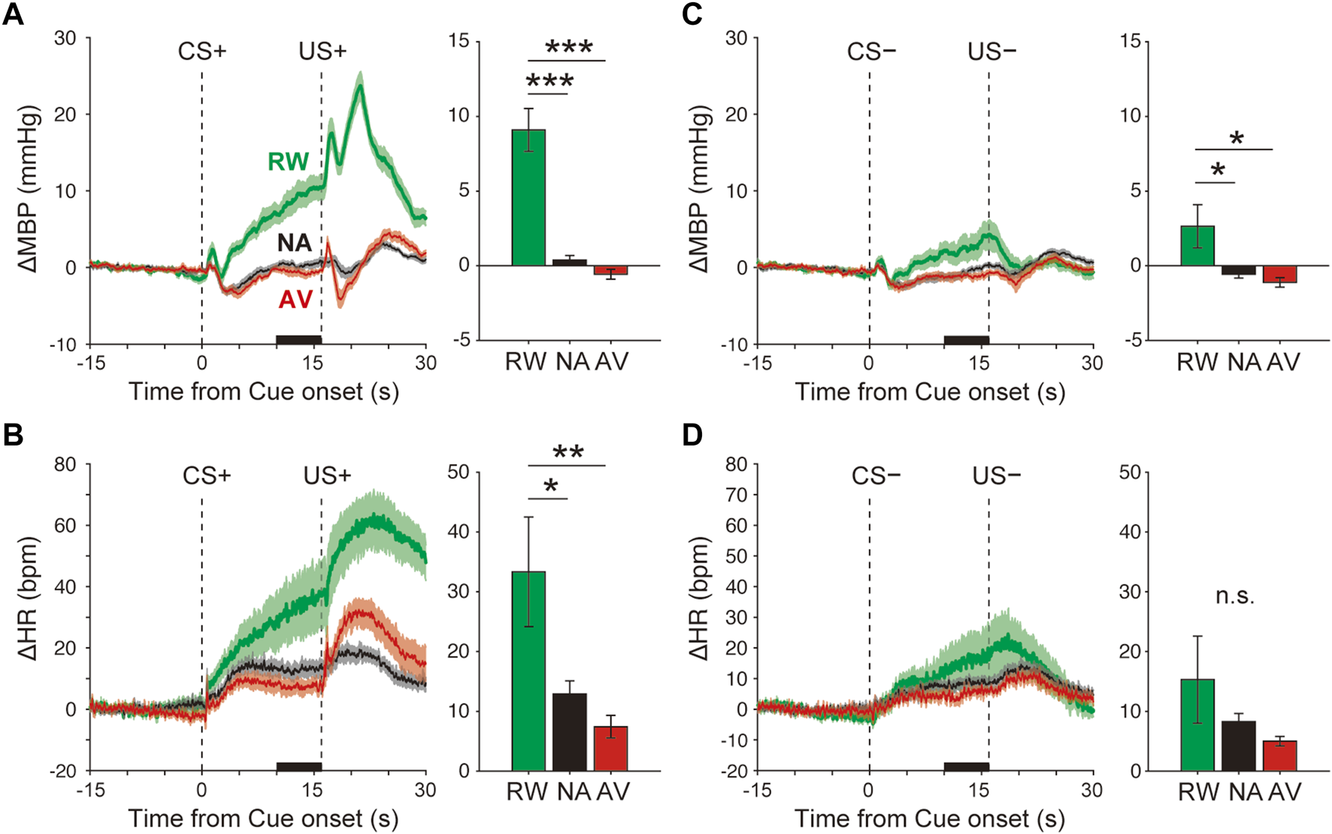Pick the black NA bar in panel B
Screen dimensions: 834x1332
point(569,732)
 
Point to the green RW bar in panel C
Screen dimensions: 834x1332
point(1197,246)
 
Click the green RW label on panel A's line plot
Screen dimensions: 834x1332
point(288,162)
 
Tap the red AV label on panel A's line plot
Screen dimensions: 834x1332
point(295,300)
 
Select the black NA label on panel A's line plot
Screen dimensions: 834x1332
point(294,243)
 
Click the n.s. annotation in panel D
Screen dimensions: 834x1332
point(1234,597)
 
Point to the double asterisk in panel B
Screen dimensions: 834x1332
point(568,452)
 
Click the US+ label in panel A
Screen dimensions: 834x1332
point(322,51)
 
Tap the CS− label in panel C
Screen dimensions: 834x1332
point(871,51)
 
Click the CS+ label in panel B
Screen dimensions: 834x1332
point(207,476)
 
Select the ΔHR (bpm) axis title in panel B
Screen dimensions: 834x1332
point(28,599)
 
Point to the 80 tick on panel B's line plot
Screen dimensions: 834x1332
point(65,464)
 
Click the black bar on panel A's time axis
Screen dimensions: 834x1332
point(298,340)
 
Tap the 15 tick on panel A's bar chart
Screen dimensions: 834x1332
point(459,41)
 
